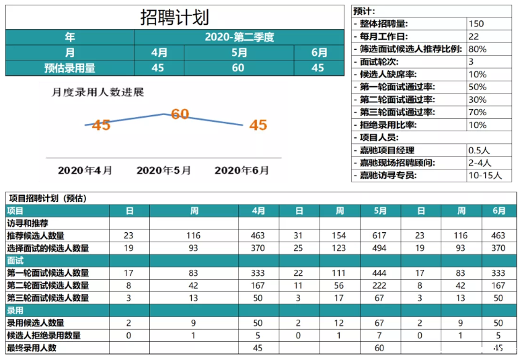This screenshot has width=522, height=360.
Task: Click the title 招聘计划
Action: click(x=174, y=17)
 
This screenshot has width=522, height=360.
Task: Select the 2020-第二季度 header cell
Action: click(x=239, y=37)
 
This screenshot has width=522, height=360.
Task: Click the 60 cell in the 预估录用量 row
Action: click(x=238, y=67)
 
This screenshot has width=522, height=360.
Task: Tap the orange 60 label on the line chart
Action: click(x=180, y=114)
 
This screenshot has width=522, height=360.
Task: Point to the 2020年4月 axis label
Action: click(x=85, y=171)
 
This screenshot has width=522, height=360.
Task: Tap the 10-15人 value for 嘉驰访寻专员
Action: click(x=484, y=176)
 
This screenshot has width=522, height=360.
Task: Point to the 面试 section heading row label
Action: click(x=15, y=260)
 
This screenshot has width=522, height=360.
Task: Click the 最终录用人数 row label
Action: click(x=32, y=348)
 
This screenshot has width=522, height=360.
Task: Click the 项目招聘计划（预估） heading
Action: click(x=48, y=199)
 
